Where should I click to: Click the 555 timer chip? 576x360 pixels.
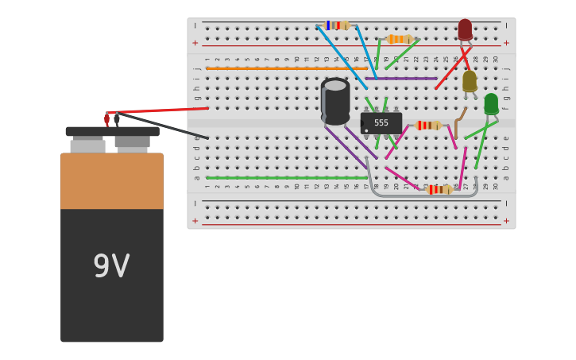coord(381,123)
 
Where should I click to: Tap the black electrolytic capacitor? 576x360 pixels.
coord(335,102)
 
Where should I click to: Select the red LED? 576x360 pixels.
coord(465,29)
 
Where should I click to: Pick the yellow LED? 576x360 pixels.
coord(470,80)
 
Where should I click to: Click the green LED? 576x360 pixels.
coord(491,103)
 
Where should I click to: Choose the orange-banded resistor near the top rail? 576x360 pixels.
coord(399,39)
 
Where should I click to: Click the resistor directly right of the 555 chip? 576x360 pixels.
coord(428,126)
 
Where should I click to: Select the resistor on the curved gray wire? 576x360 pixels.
coord(439,189)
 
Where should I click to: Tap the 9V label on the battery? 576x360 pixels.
coord(111,267)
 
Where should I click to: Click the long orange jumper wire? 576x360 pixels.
coord(286,69)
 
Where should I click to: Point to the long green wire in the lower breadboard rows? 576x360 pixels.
coord(286,178)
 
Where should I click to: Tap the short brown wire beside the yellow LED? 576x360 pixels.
coord(458,119)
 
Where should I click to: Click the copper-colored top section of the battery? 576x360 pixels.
coord(112,180)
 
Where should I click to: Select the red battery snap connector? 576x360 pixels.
coord(106,119)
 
